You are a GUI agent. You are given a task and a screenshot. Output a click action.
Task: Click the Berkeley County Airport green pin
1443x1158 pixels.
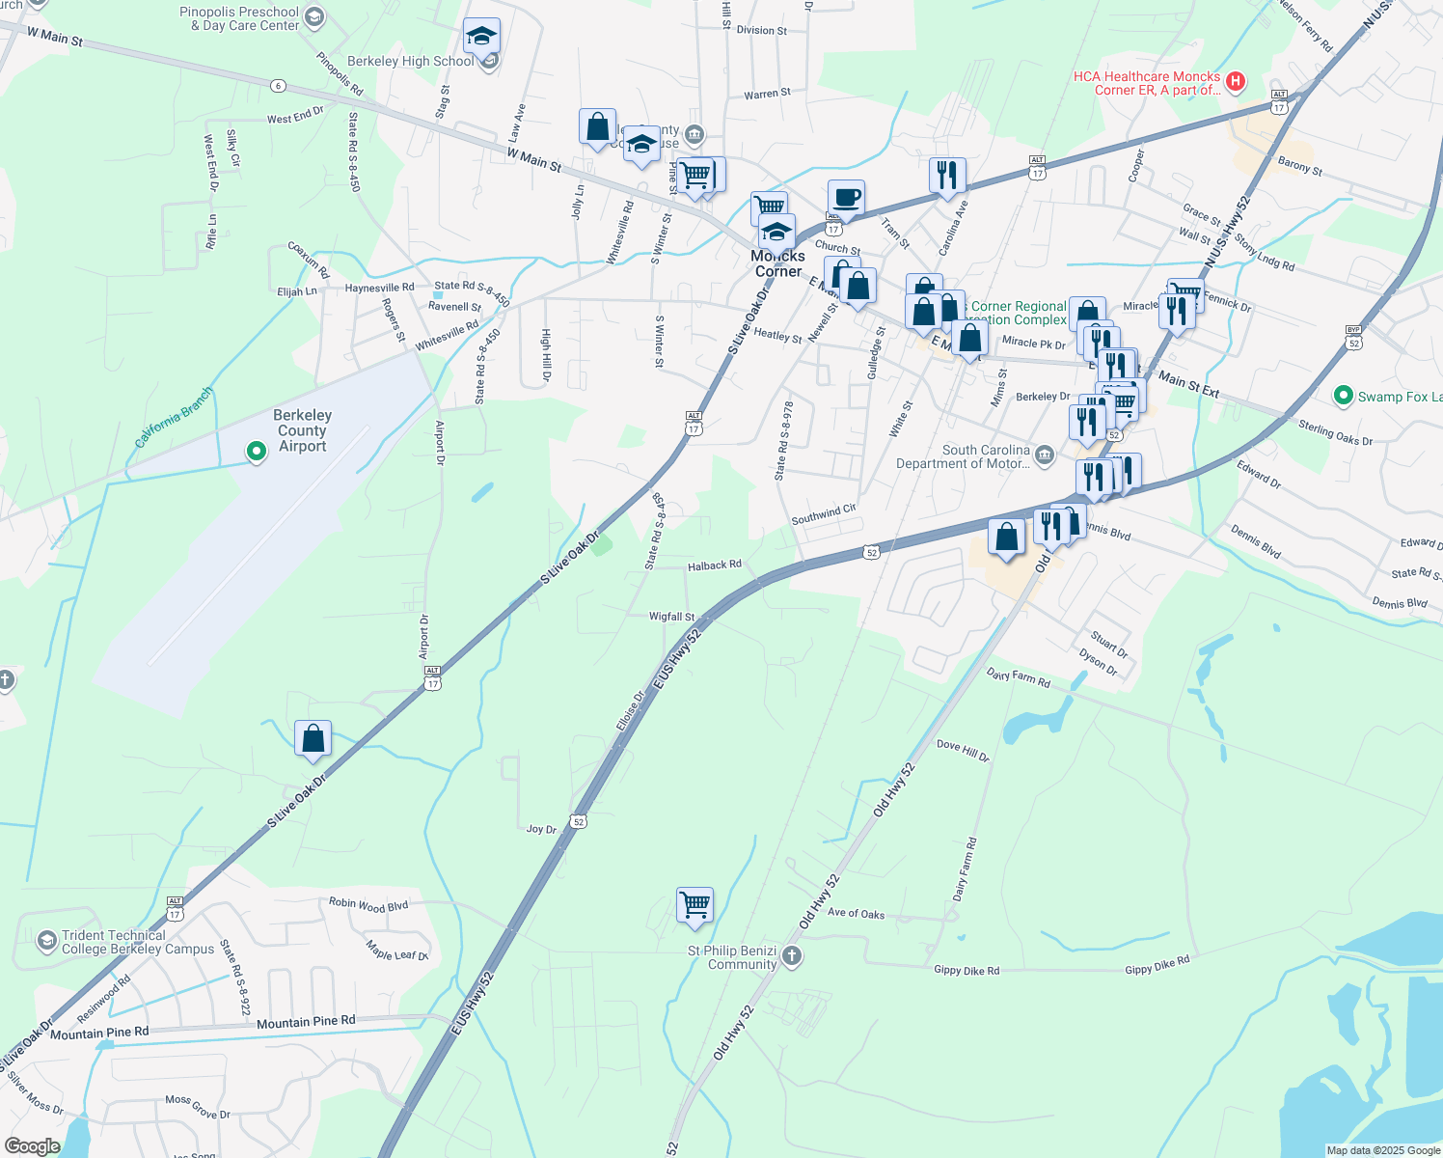(256, 451)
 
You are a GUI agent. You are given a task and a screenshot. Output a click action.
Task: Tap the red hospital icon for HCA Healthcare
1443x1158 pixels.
(1236, 82)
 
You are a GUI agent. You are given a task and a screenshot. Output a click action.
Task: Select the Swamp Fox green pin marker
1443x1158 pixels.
(1342, 396)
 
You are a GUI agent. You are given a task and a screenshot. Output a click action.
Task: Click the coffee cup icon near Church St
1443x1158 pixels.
(846, 199)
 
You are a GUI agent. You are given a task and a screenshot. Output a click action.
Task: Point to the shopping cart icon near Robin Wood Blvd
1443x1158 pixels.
(694, 905)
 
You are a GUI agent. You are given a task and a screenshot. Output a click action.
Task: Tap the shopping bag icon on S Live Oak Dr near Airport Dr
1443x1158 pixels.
(313, 739)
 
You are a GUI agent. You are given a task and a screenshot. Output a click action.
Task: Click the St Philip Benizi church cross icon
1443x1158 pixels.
(792, 956)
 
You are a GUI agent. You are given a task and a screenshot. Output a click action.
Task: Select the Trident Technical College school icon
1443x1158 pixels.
(46, 941)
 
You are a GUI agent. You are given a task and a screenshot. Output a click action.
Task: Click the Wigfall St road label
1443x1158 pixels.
(671, 617)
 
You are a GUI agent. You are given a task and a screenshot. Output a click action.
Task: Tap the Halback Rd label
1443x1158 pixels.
(715, 565)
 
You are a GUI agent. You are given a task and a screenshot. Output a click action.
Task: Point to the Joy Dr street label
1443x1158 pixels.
(541, 829)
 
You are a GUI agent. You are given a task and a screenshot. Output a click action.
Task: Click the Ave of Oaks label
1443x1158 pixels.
(856, 914)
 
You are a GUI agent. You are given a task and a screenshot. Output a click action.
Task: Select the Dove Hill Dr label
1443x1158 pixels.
(963, 751)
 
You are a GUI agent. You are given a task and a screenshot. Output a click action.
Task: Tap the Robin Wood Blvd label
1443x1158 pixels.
(368, 905)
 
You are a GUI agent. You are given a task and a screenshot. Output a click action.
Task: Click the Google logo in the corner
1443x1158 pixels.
(33, 1145)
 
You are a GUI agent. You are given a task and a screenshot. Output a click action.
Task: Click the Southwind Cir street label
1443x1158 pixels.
(824, 514)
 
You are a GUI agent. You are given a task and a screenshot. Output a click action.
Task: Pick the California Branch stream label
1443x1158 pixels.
(174, 417)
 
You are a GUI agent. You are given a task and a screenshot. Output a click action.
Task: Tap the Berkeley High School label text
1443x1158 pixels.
(411, 61)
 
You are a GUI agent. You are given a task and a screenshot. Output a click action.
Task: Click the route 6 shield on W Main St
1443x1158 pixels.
(278, 86)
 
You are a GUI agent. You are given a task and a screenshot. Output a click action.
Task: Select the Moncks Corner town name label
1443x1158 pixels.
(777, 263)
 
